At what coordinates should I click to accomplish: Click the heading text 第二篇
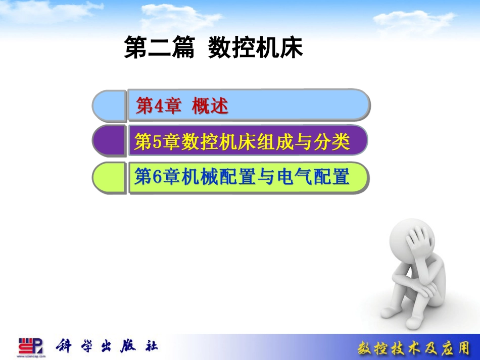(x=159, y=47)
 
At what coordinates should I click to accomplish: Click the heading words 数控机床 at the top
(x=256, y=47)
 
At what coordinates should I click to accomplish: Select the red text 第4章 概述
(x=182, y=106)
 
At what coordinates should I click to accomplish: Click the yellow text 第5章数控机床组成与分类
(x=242, y=141)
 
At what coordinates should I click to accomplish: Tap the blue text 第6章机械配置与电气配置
(x=242, y=177)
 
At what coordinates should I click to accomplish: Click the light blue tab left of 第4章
(x=109, y=106)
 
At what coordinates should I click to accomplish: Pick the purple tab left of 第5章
(x=109, y=141)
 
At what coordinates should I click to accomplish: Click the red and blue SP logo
(x=31, y=346)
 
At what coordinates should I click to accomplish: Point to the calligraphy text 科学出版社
(x=107, y=346)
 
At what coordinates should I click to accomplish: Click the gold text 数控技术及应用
(x=414, y=348)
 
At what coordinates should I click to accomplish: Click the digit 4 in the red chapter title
(x=159, y=107)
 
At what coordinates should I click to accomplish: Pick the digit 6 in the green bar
(x=157, y=177)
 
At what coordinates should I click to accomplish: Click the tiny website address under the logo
(x=31, y=356)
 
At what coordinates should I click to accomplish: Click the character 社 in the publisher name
(x=151, y=346)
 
